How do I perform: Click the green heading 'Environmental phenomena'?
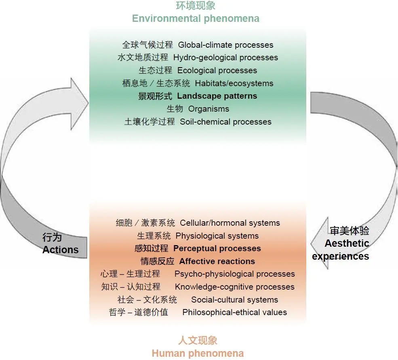coord(196,19)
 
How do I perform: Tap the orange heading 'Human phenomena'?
coord(198,353)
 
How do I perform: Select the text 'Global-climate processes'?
coord(225,45)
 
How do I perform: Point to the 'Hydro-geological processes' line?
coord(225,57)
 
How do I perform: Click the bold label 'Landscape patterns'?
coord(217,96)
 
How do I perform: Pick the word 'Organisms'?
coord(208,109)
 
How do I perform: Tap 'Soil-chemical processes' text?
coord(225,122)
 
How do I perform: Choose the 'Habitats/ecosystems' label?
coord(234,83)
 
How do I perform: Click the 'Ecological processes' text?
coord(217,70)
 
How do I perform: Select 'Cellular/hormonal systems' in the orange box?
coord(230,223)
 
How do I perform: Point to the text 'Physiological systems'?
coord(217,236)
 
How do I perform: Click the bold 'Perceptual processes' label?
coord(217,248)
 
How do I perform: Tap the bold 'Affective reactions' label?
coord(217,261)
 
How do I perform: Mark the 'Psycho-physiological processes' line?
coord(234,274)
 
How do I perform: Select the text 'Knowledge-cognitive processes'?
coord(234,287)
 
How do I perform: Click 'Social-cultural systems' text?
coord(234,300)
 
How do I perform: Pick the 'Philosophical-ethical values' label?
coord(234,313)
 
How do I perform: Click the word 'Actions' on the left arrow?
coord(60,250)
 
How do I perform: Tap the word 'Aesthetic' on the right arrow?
coord(347,244)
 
